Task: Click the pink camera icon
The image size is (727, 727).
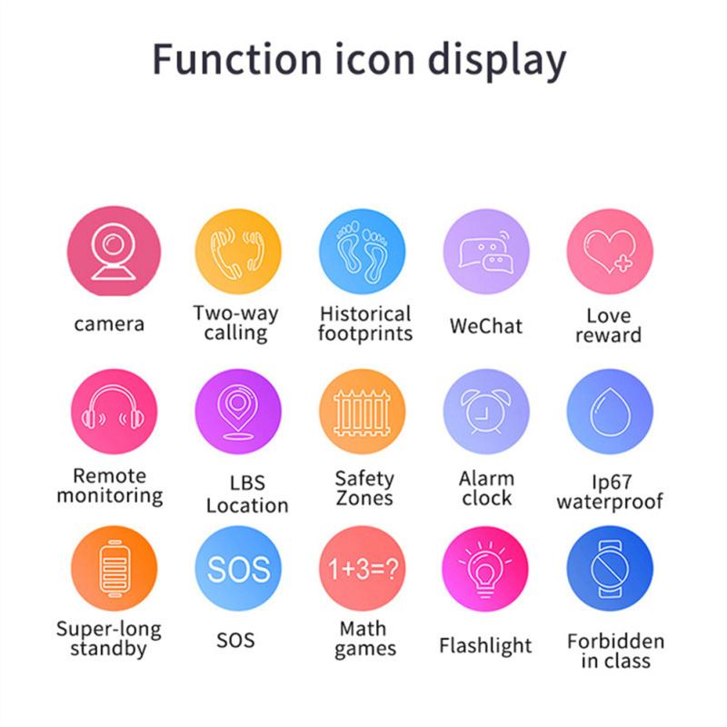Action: tap(114, 252)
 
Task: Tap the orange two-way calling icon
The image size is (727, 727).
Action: tap(237, 252)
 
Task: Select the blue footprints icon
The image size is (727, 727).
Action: tap(362, 252)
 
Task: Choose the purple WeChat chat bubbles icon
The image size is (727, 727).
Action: tap(486, 252)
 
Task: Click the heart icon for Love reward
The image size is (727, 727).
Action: tap(610, 252)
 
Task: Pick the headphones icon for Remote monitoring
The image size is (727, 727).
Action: tap(114, 411)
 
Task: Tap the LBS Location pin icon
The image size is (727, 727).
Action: tap(237, 411)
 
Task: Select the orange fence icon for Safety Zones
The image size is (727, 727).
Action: tap(362, 411)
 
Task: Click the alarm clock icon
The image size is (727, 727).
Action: tap(486, 411)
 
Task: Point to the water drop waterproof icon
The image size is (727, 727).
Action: tap(610, 411)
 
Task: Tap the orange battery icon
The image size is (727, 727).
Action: tap(114, 569)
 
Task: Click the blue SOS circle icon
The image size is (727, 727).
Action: tap(237, 569)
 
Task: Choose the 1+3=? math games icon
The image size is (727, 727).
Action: tap(362, 569)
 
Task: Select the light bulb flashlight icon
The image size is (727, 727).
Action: tap(486, 569)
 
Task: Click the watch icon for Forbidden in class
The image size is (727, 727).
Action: tap(610, 569)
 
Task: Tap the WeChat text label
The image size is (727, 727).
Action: tap(486, 325)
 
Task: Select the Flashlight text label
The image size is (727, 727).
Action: tap(485, 646)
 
